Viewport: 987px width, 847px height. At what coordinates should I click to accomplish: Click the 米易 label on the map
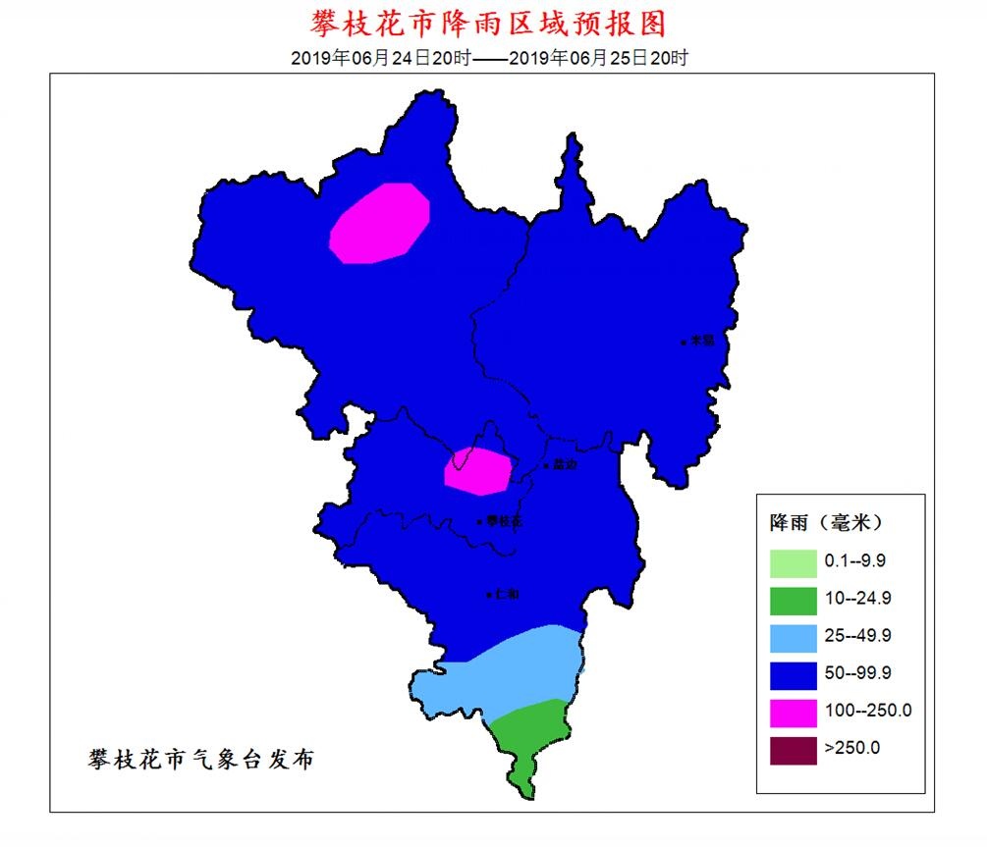[x=700, y=341]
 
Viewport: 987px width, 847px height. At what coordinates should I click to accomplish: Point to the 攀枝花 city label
[x=504, y=521]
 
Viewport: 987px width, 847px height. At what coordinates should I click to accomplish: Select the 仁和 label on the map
[x=507, y=594]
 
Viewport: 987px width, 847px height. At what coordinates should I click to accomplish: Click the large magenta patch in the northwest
[x=380, y=225]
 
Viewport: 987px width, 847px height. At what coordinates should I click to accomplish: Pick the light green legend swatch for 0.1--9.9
[x=793, y=561]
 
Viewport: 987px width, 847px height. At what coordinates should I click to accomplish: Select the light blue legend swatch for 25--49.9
[x=793, y=636]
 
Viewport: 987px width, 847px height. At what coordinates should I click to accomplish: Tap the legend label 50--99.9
[x=857, y=673]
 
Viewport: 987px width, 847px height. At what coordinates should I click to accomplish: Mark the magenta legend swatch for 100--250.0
[x=793, y=711]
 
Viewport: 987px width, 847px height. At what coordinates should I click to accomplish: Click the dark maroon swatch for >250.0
[x=793, y=748]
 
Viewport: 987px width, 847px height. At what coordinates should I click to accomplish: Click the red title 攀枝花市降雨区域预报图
[x=494, y=23]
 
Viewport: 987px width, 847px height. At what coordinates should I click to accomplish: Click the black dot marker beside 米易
[x=684, y=342]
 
